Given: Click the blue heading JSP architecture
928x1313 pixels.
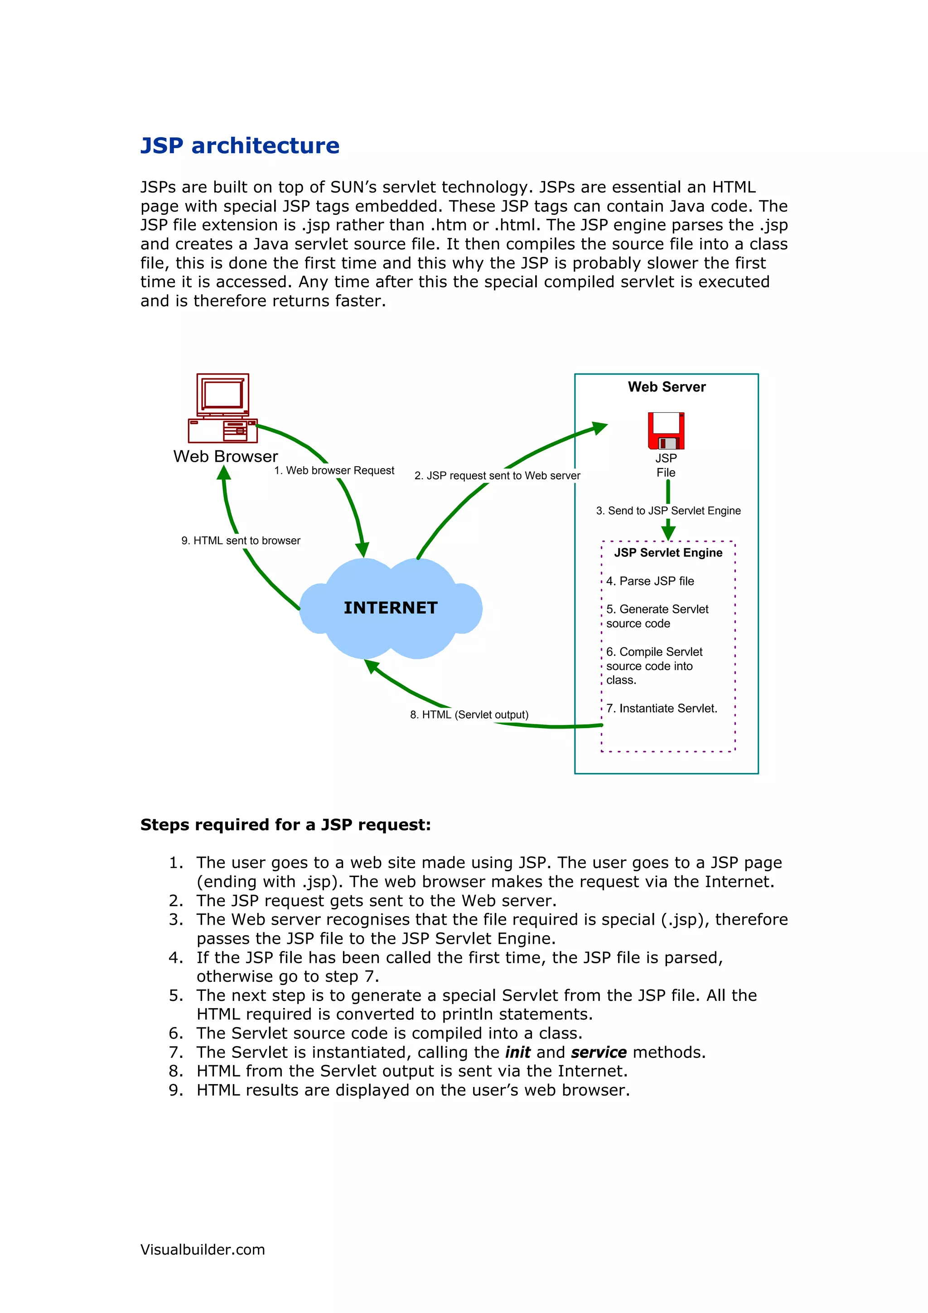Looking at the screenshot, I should pyautogui.click(x=240, y=146).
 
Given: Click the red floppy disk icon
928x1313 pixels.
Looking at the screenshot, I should pyautogui.click(x=666, y=430).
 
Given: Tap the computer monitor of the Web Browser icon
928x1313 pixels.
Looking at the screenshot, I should pyautogui.click(x=222, y=395).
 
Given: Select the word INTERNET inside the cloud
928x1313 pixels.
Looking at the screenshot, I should pyautogui.click(x=391, y=608).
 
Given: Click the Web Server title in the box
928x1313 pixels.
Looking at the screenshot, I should pyautogui.click(x=666, y=387).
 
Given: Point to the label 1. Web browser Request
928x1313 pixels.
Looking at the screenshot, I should pyautogui.click(x=334, y=471).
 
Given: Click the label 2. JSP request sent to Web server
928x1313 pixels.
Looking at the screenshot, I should pyautogui.click(x=497, y=476).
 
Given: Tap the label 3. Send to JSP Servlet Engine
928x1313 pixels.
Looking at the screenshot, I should pyautogui.click(x=668, y=511).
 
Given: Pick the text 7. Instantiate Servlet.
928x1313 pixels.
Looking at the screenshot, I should pyautogui.click(x=662, y=709).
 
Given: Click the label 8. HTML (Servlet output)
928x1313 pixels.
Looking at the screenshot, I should pyautogui.click(x=469, y=715).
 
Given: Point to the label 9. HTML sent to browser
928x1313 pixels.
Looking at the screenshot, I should pyautogui.click(x=241, y=541).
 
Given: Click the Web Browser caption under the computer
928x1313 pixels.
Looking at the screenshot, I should pyautogui.click(x=225, y=457).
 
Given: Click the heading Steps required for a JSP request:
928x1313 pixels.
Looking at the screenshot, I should pyautogui.click(x=285, y=825).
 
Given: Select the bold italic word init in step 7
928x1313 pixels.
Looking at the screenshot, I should pyautogui.click(x=517, y=1052).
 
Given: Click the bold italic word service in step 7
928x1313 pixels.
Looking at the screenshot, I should pyautogui.click(x=599, y=1052).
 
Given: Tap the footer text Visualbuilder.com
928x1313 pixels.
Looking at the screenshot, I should pyautogui.click(x=203, y=1250).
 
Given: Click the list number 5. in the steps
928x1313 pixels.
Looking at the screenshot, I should pyautogui.click(x=175, y=995).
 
